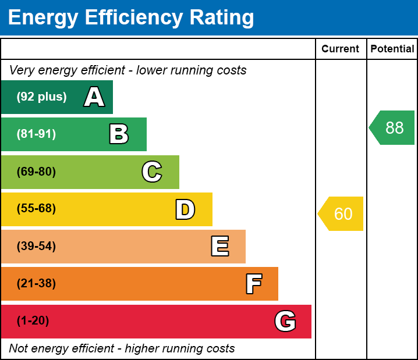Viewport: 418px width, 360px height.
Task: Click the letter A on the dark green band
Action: pos(94,97)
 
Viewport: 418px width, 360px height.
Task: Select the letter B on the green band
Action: pos(119,134)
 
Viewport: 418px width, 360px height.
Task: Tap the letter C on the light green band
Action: pos(152,172)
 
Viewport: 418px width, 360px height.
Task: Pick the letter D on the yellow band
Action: pos(185,209)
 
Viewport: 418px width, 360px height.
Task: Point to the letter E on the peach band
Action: pos(219,247)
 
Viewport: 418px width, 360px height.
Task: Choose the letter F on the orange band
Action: pos(253,284)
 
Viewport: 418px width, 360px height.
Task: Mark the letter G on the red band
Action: pos(285,321)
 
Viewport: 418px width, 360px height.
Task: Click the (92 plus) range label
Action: pos(41,97)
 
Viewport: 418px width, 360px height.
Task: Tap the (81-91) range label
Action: pos(36,134)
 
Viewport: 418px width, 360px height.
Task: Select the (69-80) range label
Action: pos(36,172)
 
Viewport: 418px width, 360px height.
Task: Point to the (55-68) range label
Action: pos(36,209)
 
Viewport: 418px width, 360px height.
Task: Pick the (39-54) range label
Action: pos(36,247)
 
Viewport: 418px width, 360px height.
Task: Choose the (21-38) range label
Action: pos(36,284)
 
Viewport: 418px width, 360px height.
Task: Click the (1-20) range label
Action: pos(33,321)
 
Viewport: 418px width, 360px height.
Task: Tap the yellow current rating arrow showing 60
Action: pos(342,214)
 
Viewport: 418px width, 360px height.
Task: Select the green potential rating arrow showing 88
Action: pos(393,127)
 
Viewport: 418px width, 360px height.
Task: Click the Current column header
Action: pos(341,49)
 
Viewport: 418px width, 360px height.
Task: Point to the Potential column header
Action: pos(392,49)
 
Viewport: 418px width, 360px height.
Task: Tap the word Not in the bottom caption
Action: pos(19,349)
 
